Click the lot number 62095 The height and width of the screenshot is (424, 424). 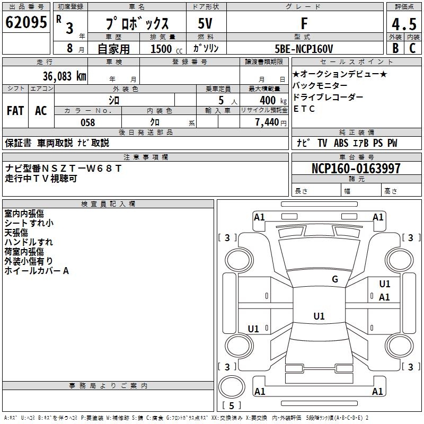tap(26, 23)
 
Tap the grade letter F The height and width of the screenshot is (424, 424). tap(304, 23)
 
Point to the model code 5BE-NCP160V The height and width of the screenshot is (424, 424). tap(304, 49)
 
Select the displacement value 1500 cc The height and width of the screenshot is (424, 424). tap(165, 49)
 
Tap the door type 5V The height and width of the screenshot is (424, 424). tap(205, 23)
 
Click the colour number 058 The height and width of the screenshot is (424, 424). tap(87, 122)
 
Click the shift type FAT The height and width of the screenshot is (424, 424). tap(15, 111)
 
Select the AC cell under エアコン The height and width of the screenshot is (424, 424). tap(41, 111)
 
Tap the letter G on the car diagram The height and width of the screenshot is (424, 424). tap(334, 279)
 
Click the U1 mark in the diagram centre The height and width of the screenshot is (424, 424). tap(319, 316)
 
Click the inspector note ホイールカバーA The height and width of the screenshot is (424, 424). tap(37, 271)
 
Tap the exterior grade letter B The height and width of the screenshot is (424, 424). tap(395, 49)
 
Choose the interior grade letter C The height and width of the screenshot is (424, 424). tap(412, 49)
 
